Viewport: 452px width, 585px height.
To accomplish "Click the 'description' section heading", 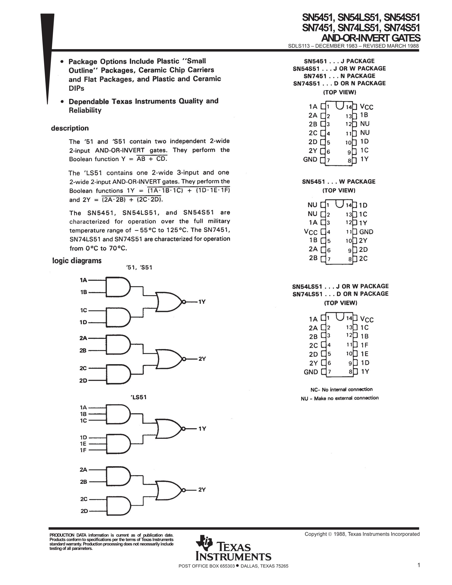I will point(70,128).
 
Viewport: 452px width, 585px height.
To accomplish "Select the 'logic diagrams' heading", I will point(77,261).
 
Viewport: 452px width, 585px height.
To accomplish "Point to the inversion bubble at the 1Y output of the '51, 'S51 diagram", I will point(184,302).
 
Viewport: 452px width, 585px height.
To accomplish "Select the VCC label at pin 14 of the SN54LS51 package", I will point(367,319).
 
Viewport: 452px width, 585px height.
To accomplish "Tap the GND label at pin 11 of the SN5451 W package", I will point(366,232).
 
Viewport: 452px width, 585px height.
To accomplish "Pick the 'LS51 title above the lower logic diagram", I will point(138,397).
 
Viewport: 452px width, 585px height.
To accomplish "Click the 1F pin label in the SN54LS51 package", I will point(364,345).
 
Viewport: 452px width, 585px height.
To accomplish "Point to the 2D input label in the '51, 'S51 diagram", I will point(83,380).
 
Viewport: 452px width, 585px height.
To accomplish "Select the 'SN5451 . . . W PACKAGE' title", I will point(339,182).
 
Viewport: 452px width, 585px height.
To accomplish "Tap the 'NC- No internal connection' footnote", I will point(341,389).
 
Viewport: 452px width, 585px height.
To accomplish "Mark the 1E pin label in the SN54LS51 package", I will point(364,354).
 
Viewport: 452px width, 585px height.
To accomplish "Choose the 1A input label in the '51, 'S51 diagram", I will point(84,280).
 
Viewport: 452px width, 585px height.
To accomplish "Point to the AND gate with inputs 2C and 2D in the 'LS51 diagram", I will point(119,506).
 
